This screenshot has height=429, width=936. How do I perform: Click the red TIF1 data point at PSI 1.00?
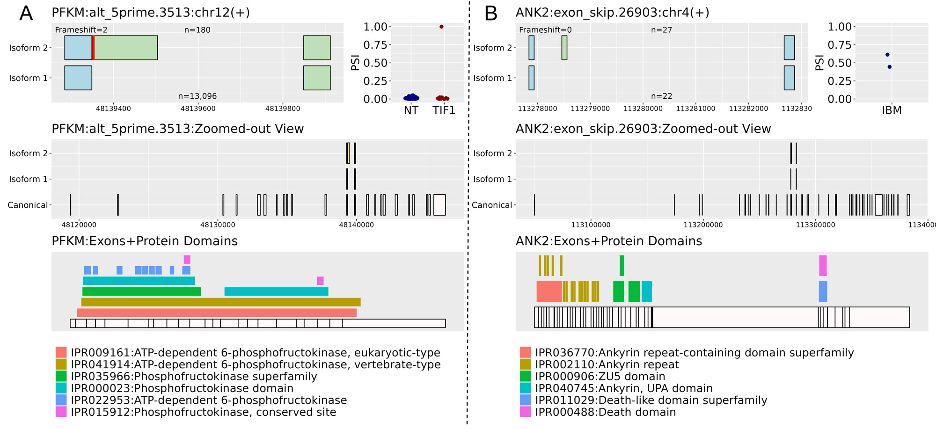(x=441, y=27)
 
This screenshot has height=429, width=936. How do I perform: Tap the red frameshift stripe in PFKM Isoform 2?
(x=94, y=48)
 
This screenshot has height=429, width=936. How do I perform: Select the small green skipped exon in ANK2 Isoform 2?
(x=564, y=48)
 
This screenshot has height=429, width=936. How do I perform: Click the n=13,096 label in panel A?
(x=197, y=96)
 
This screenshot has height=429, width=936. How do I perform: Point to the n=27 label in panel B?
(x=661, y=30)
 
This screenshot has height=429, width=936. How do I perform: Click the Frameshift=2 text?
(x=81, y=30)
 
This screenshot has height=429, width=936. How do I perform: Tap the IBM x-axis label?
(x=892, y=110)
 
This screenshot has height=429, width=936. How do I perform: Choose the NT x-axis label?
(x=411, y=110)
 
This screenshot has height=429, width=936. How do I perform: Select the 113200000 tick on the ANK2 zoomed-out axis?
(x=703, y=225)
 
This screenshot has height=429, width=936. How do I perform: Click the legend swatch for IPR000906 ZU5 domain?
(x=525, y=376)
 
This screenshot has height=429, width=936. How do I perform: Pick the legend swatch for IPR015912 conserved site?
(x=61, y=412)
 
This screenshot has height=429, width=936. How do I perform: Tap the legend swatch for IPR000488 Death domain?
(x=525, y=412)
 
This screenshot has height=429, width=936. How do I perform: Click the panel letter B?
(x=490, y=14)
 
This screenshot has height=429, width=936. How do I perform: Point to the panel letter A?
(x=26, y=14)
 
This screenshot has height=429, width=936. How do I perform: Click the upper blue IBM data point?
(x=887, y=55)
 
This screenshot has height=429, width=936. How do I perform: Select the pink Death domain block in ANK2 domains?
(x=823, y=266)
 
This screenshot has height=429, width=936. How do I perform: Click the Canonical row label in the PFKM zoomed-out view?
(x=28, y=205)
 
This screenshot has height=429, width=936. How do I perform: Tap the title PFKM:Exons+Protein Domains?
(x=145, y=241)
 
